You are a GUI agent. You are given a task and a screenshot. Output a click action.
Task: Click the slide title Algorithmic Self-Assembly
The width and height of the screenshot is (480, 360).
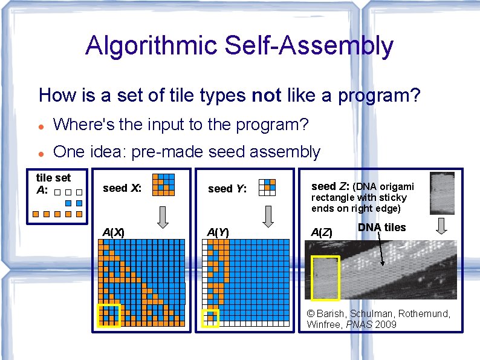click(x=239, y=46)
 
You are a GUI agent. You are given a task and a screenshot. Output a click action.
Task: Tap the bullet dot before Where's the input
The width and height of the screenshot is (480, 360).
click(x=41, y=126)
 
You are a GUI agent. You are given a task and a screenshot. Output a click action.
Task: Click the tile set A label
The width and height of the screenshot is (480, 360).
click(x=53, y=183)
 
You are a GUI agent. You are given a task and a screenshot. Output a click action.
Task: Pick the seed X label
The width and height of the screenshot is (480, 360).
click(x=122, y=188)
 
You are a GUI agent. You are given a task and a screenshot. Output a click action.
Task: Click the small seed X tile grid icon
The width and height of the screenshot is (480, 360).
click(x=163, y=185)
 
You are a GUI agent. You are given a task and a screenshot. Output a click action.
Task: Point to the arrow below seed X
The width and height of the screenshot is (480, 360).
click(x=163, y=216)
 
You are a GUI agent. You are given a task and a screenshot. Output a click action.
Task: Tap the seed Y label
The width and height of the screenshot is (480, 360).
click(x=227, y=189)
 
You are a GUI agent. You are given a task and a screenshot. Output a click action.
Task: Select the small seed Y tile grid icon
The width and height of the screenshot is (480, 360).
click(x=267, y=188)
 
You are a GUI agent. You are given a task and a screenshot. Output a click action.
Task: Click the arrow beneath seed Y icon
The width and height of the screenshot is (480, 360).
click(x=267, y=216)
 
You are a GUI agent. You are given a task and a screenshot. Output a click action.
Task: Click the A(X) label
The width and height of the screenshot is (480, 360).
click(x=114, y=232)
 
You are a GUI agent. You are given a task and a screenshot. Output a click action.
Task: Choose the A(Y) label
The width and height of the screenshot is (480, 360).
click(x=218, y=232)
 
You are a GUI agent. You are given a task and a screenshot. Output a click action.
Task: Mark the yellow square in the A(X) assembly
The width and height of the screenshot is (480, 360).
click(x=109, y=315)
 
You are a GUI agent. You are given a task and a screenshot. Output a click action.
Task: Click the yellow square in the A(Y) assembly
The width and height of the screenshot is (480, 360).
click(x=210, y=318)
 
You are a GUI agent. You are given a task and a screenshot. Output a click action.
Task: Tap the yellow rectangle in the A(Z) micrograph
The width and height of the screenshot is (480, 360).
click(x=325, y=278)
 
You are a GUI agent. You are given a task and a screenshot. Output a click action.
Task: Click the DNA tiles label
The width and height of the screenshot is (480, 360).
click(x=381, y=227)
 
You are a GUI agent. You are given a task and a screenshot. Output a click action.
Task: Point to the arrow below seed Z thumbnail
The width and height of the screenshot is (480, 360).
click(x=441, y=226)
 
